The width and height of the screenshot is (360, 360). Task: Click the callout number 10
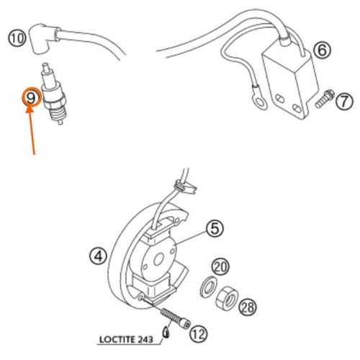17,38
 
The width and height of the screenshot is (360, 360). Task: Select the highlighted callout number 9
32,98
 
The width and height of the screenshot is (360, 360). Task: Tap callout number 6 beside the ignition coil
322,50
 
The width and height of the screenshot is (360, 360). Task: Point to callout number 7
344,102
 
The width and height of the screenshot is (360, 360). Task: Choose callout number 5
215,229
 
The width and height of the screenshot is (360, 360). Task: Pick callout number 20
220,267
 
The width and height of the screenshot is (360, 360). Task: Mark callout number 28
248,307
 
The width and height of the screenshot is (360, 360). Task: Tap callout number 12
199,334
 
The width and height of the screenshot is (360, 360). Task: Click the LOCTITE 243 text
126,339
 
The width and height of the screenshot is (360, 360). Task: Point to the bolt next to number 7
324,99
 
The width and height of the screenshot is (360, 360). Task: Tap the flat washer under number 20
208,287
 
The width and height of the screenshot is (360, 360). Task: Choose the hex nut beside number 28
227,297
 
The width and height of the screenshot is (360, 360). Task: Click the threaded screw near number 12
175,318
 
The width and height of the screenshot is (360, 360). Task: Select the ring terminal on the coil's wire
260,103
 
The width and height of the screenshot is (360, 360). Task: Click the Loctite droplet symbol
166,333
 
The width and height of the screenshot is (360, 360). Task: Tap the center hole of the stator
158,260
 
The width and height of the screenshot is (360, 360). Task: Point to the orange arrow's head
30,110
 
